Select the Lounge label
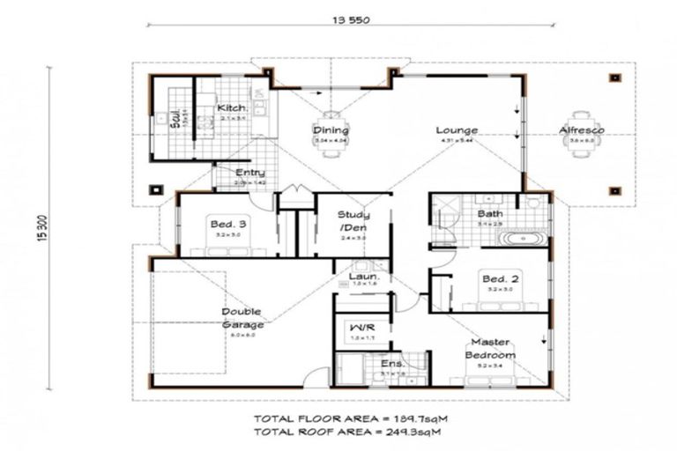457,131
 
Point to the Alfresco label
581,131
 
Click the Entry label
250,173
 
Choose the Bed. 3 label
227,225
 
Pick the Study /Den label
353,221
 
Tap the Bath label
489,214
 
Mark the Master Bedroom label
490,348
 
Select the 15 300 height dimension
43,231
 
